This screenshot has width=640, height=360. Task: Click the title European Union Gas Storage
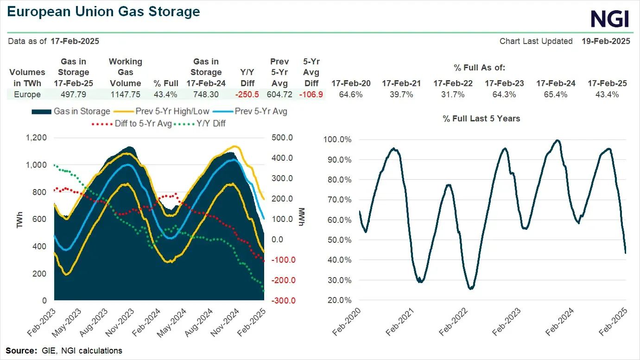tap(104, 12)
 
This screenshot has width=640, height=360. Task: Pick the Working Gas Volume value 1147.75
tap(125, 95)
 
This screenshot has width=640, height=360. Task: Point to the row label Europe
tap(27, 95)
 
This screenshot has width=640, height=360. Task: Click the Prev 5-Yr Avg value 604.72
tap(280, 95)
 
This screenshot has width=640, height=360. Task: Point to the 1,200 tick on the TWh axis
tap(37, 138)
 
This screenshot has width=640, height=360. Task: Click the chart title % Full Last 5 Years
tap(481, 119)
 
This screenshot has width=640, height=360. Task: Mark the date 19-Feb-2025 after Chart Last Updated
tap(606, 41)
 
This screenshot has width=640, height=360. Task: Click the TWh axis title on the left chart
tap(19, 219)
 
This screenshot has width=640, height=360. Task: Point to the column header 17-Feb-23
tap(504, 83)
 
